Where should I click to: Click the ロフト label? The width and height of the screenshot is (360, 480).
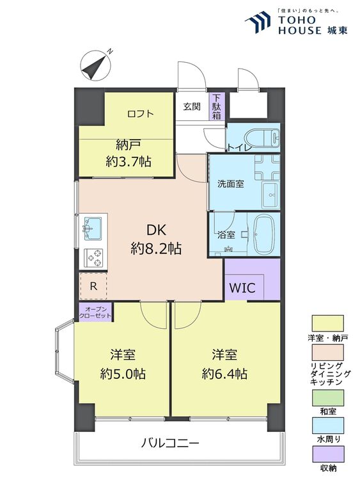[140, 114]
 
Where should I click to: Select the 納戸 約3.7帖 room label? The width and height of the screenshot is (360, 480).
[129, 154]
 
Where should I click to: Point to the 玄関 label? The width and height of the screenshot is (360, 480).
[191, 107]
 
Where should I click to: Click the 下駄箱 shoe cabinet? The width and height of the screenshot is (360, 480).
[217, 108]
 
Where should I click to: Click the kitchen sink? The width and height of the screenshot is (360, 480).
[94, 225]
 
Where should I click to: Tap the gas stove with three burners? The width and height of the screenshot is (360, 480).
[94, 257]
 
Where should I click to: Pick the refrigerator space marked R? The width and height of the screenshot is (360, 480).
[93, 286]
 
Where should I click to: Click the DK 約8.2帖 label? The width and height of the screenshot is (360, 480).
[156, 239]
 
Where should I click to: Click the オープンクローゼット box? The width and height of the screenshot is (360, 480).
[94, 312]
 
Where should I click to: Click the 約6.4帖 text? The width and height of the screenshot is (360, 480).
[224, 374]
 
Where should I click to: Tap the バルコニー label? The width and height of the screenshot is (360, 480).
[170, 443]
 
